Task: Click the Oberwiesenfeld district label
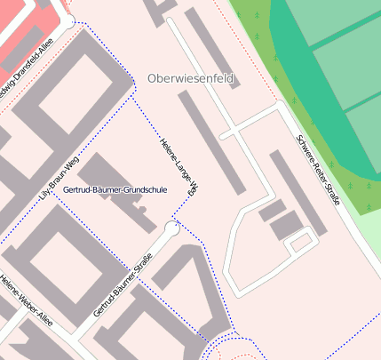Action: tap(191, 79)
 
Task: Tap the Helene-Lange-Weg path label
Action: tap(178, 166)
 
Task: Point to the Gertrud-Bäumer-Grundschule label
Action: tap(115, 189)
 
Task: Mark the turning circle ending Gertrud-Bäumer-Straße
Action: tap(171, 228)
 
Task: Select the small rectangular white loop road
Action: tap(302, 241)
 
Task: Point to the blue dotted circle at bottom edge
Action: tap(237, 350)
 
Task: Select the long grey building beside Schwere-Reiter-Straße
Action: tap(298, 191)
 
